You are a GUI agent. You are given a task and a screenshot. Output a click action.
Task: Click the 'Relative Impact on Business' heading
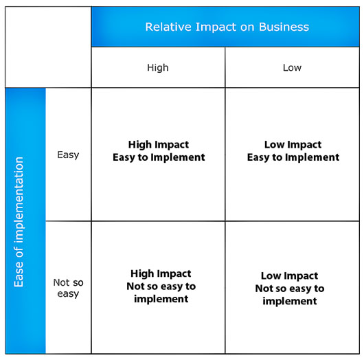tap(227, 27)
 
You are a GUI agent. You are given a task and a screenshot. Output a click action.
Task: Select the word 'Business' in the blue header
tap(284, 27)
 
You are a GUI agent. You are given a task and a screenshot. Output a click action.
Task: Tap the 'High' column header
tap(158, 67)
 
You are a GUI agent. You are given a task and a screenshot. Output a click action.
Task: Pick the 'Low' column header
tap(292, 67)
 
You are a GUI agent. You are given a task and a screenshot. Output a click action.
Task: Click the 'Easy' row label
tap(68, 155)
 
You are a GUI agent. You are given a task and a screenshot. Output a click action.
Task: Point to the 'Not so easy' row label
tap(68, 288)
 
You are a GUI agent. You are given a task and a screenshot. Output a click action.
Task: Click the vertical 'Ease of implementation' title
tap(19, 222)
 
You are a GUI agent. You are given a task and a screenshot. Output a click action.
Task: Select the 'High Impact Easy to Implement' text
tap(159, 151)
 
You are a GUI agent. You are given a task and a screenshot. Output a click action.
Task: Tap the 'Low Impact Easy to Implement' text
tap(293, 151)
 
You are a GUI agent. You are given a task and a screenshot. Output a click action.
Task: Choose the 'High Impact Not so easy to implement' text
tap(161, 286)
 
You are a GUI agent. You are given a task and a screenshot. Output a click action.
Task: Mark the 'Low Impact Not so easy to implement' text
tap(290, 289)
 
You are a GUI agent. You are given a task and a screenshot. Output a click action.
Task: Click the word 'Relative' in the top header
tap(168, 27)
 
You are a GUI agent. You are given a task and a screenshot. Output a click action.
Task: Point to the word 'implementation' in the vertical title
tap(19, 200)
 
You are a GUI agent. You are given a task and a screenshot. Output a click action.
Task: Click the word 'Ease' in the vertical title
tap(19, 274)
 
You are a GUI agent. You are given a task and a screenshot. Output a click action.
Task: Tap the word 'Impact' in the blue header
tap(216, 27)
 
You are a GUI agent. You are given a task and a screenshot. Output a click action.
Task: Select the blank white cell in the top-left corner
tap(48, 47)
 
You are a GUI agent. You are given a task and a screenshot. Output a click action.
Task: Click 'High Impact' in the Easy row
tap(159, 145)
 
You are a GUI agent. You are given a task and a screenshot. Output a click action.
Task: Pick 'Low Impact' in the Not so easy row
tap(289, 275)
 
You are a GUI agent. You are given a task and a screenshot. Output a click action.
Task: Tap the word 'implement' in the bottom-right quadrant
tap(290, 301)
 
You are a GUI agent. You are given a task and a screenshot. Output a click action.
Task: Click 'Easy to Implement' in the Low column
tap(293, 157)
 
